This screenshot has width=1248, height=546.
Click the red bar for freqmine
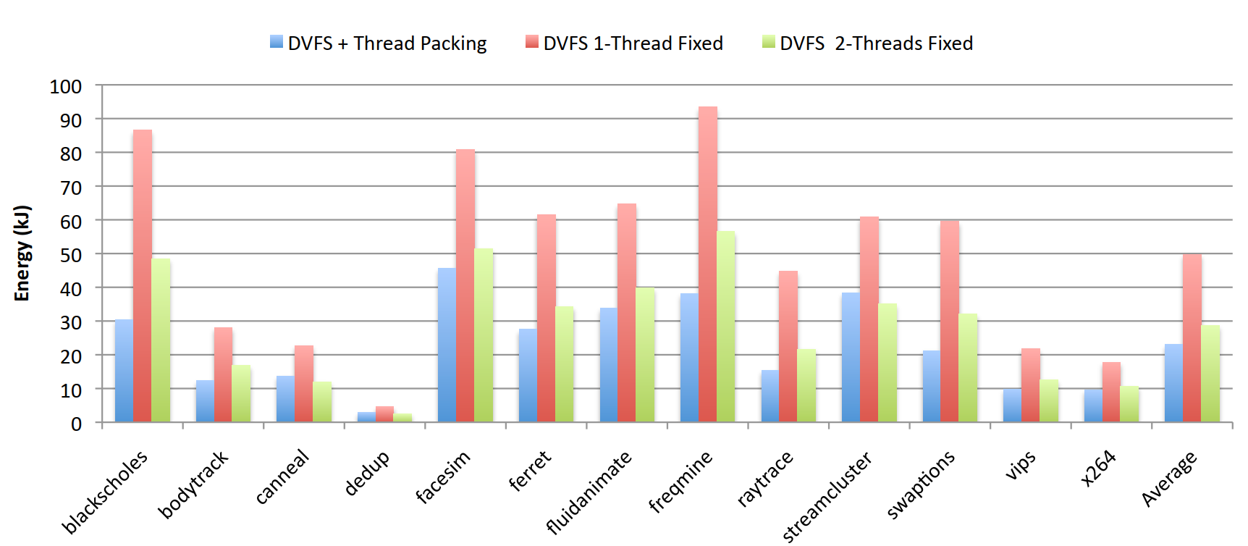(x=708, y=264)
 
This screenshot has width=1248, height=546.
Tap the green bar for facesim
(x=484, y=335)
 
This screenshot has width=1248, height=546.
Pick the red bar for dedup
(x=384, y=415)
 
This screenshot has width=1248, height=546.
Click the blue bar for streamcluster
(x=851, y=357)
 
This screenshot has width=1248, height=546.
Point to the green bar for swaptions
(x=968, y=368)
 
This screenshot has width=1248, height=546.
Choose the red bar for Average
(x=1192, y=338)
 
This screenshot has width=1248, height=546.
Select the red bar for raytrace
(x=788, y=346)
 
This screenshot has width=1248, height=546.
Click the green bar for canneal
(x=322, y=402)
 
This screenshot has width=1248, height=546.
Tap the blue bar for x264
(x=1093, y=406)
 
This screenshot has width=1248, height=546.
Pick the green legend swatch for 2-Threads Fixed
(x=769, y=42)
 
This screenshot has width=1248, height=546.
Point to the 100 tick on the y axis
(x=66, y=87)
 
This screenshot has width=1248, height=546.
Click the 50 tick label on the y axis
(x=70, y=255)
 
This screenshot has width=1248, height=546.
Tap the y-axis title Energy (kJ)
(x=22, y=253)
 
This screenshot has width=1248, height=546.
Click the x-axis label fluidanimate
(x=589, y=492)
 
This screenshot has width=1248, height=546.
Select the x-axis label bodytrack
(x=193, y=484)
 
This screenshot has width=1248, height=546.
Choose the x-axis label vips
(x=1020, y=465)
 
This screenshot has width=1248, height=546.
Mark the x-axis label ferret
(x=529, y=471)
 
